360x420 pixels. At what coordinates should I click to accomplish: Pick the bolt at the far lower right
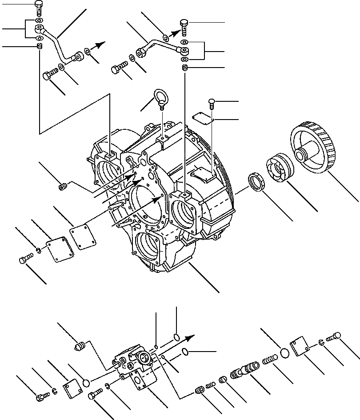point(333,338)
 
